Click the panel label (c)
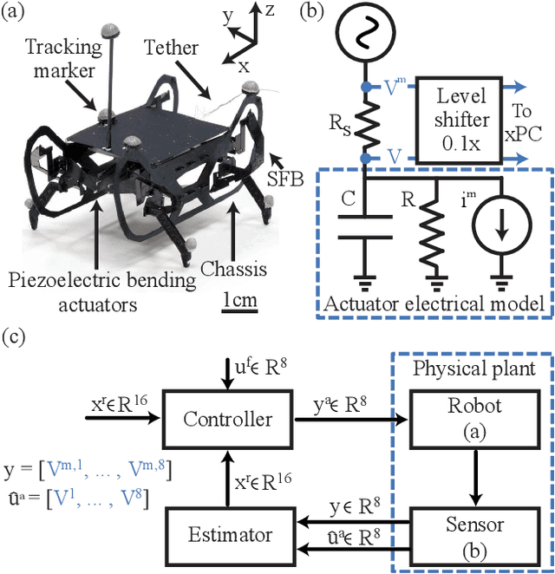(16, 336)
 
